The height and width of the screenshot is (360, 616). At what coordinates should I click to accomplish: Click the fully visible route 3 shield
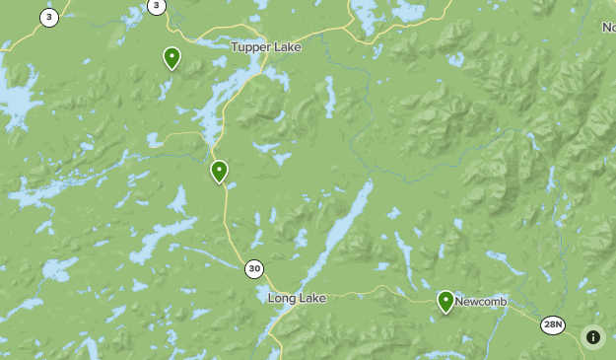[49, 17]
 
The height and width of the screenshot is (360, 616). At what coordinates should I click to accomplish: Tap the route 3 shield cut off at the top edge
[156, 6]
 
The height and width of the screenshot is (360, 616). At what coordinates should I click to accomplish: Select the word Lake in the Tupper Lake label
[288, 46]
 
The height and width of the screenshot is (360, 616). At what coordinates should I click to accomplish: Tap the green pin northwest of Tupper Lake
[171, 58]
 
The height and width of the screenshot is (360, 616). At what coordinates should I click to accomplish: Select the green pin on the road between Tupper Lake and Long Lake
[219, 172]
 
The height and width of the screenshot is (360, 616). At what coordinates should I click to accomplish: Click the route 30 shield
[254, 268]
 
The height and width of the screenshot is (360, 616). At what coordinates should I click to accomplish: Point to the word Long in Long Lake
[282, 298]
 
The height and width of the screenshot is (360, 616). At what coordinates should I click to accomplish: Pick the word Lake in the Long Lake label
[311, 298]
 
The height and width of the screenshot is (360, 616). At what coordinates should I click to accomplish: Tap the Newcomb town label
[480, 302]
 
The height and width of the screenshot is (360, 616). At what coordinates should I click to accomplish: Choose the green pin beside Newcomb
[445, 301]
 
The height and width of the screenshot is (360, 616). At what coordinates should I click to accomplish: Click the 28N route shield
[554, 324]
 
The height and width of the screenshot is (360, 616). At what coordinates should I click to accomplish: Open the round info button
[593, 337]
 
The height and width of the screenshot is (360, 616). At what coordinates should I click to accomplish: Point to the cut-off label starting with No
[608, 28]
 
